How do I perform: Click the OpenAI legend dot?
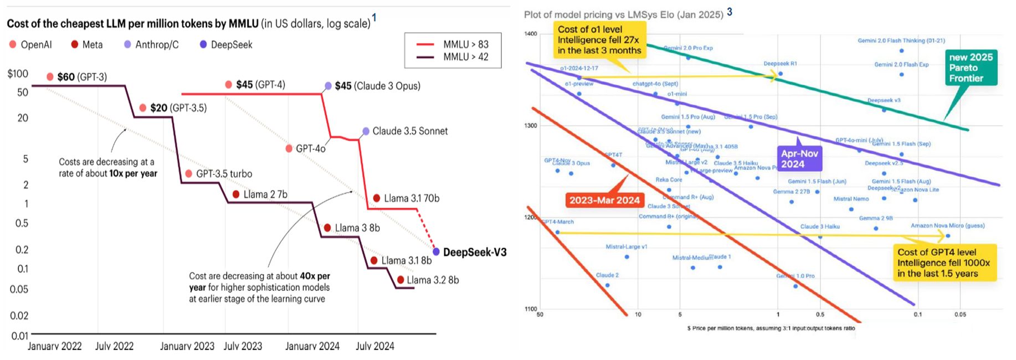(x=13, y=44)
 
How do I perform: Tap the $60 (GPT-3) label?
(x=82, y=77)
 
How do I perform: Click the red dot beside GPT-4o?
(x=289, y=148)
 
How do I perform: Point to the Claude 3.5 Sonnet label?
(x=410, y=131)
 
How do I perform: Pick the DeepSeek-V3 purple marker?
(x=437, y=252)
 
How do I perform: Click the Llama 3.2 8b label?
(x=433, y=280)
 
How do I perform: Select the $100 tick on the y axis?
(x=18, y=74)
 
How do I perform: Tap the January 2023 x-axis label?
(x=187, y=346)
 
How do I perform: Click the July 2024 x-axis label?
(x=375, y=346)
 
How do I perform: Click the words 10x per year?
(x=133, y=173)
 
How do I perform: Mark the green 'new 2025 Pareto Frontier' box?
(x=971, y=68)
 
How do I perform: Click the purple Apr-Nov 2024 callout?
(x=799, y=159)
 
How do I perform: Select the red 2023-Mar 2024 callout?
(x=604, y=200)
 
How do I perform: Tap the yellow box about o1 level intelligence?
(x=599, y=40)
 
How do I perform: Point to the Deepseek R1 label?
(x=780, y=64)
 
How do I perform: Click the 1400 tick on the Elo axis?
(x=530, y=34)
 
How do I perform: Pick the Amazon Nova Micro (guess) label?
(x=947, y=226)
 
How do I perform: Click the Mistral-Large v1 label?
(x=626, y=247)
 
